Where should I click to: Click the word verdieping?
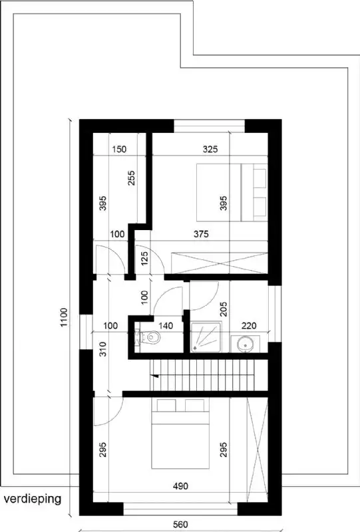[x=32, y=498]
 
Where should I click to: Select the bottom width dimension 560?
[x=178, y=525]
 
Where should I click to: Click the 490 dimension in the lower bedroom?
[x=180, y=486]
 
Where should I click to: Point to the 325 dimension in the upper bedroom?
[x=210, y=150]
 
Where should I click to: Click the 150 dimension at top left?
[x=119, y=150]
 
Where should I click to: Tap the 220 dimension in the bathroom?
[x=249, y=326]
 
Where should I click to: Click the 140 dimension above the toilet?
[x=166, y=326]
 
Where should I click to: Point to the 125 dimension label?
[x=144, y=257]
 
